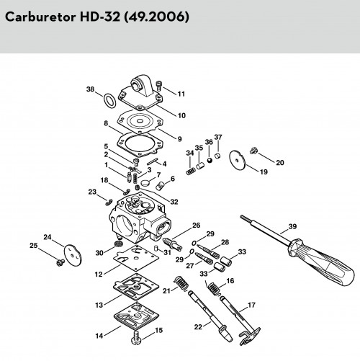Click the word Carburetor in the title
(x=40, y=17)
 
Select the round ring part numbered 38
(x=109, y=100)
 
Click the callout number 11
(x=181, y=94)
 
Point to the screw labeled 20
(x=253, y=151)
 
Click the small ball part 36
(x=210, y=161)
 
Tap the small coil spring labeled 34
(x=191, y=171)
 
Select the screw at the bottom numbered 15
(x=136, y=338)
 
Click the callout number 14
(x=99, y=336)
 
